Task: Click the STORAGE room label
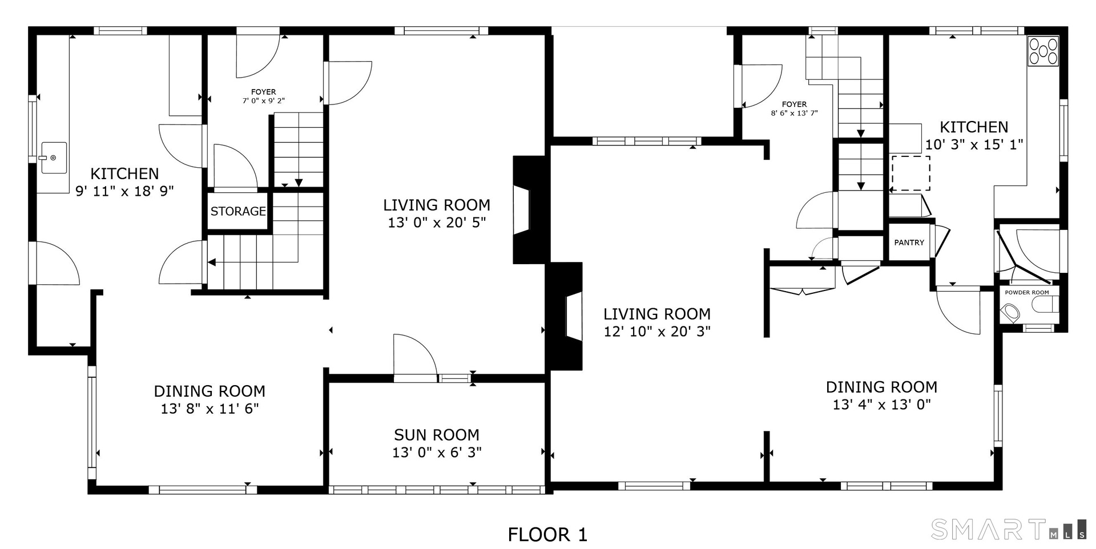pos(238,211)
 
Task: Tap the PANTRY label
pos(909,243)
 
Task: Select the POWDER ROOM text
pos(1027,293)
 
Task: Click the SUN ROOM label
pos(437,435)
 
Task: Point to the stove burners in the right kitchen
pos(1043,51)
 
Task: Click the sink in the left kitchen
pos(53,158)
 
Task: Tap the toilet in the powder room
pos(1012,313)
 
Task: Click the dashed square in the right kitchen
pos(911,173)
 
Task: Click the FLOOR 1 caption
pos(547,535)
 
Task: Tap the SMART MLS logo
pos(1009,529)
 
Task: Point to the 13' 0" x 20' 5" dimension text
pos(437,223)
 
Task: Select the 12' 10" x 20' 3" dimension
pos(657,332)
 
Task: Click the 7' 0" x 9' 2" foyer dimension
pos(263,101)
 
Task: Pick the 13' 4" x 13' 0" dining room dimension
pos(881,405)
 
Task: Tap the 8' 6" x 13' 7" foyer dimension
pos(794,114)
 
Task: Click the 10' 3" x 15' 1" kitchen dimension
pos(974,144)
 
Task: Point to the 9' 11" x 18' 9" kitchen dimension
pos(124,191)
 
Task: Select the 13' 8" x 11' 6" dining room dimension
pos(209,409)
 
